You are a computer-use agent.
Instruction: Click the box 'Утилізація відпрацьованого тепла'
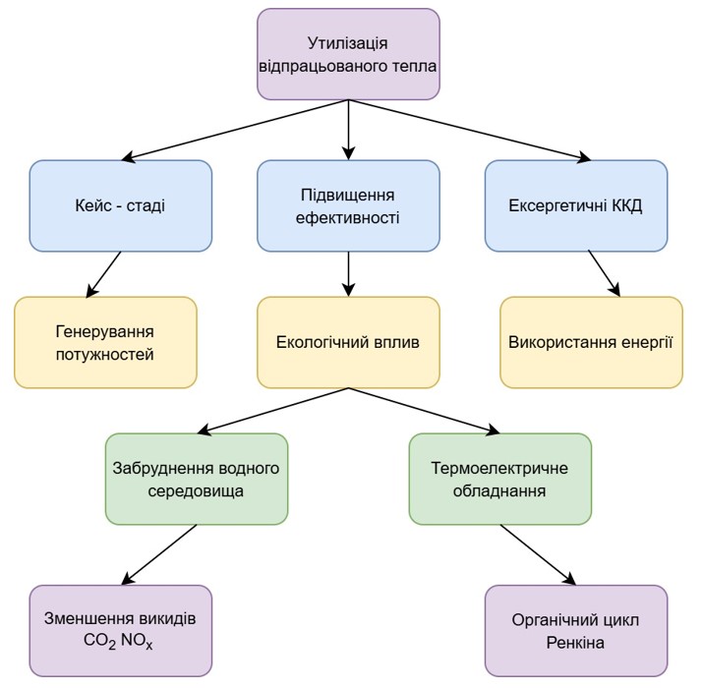tap(347, 54)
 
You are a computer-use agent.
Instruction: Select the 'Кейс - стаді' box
tap(120, 206)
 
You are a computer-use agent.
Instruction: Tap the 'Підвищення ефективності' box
tap(347, 206)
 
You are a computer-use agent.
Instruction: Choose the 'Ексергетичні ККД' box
tap(575, 206)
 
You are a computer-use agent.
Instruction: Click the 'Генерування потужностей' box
tap(105, 342)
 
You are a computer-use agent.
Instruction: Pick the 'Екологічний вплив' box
tap(347, 342)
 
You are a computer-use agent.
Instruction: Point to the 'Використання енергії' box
tap(590, 342)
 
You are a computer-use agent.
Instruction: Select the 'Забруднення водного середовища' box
tap(197, 479)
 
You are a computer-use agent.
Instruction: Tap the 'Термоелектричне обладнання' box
tap(499, 479)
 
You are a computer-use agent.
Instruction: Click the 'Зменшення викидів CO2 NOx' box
tap(120, 630)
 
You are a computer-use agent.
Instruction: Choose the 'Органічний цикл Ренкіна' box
tap(575, 630)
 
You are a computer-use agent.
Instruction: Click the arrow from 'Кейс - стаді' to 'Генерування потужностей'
tap(104, 274)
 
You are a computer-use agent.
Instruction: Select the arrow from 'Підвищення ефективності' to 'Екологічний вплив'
tap(348, 274)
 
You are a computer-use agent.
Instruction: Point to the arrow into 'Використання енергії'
tap(605, 274)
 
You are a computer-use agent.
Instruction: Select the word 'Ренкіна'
tap(575, 642)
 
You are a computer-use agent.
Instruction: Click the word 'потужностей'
tap(105, 353)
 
